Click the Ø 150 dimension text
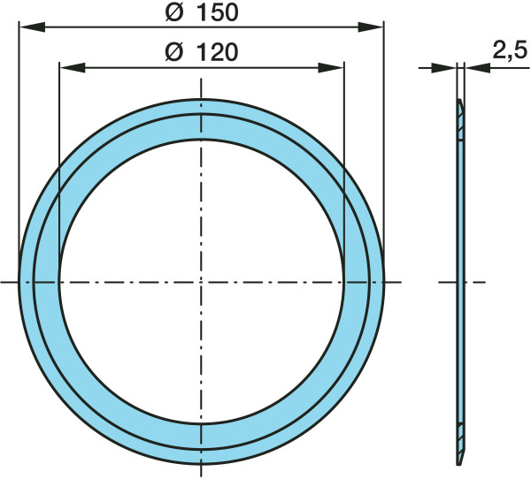(202, 13)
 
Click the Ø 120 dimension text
(202, 52)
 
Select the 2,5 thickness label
(510, 50)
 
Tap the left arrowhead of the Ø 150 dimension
(32, 27)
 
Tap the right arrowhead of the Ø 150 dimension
(371, 27)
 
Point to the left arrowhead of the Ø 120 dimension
(73, 67)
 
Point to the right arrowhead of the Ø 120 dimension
(331, 67)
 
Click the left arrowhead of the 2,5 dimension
(443, 68)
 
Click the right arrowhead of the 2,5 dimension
(478, 68)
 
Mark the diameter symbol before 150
(174, 13)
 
